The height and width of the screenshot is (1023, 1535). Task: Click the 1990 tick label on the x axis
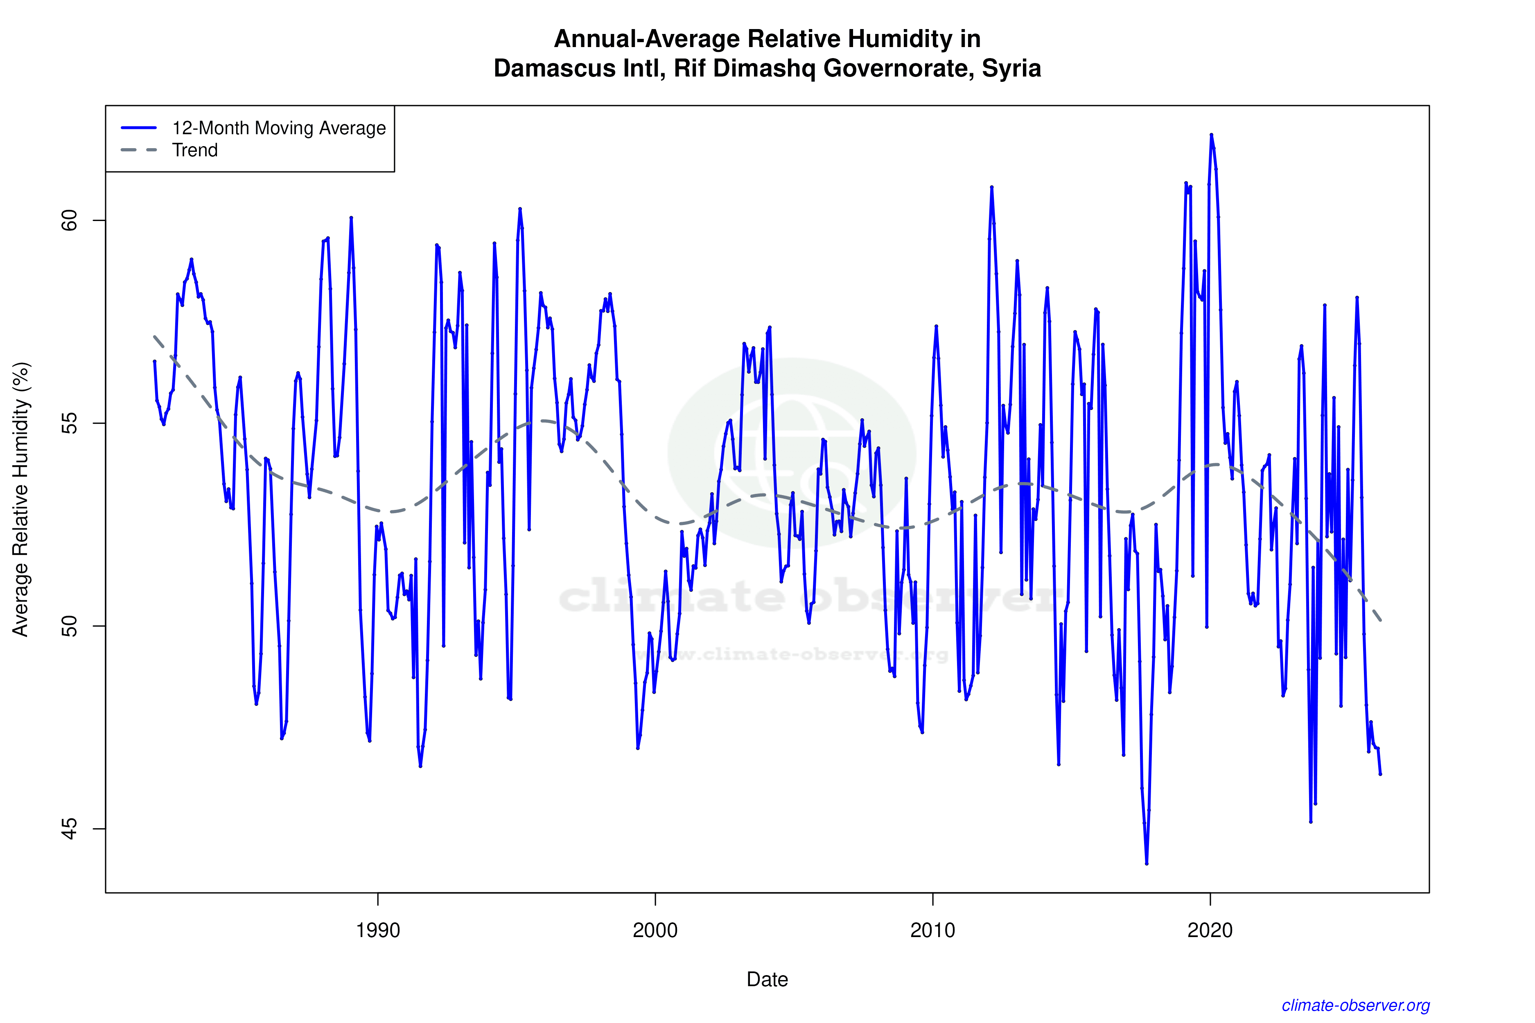[x=378, y=930]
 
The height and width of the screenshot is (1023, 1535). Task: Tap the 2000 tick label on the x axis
[x=655, y=930]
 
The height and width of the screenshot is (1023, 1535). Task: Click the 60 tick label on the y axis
[x=69, y=221]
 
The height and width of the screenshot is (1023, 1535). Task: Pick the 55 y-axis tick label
[x=69, y=424]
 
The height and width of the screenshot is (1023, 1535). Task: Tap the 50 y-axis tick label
[x=69, y=626]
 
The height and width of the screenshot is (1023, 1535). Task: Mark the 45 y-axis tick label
[x=69, y=829]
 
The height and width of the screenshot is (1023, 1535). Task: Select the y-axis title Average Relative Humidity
[x=21, y=499]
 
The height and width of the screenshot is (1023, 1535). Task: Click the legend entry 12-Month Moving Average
[x=279, y=128]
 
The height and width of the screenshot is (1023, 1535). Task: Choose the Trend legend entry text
[x=194, y=150]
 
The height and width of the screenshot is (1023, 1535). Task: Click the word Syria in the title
[x=1011, y=68]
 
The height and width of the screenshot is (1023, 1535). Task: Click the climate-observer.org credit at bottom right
[x=1356, y=1005]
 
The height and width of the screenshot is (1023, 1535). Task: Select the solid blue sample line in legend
[x=139, y=128]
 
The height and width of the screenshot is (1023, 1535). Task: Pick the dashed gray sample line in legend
[x=139, y=150]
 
